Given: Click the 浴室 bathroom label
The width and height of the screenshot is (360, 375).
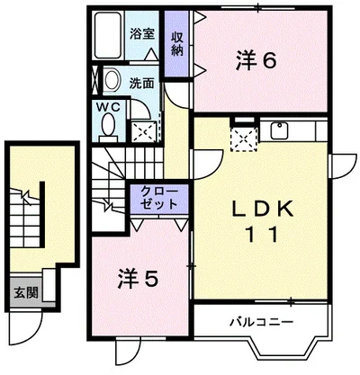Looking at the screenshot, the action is [142, 34].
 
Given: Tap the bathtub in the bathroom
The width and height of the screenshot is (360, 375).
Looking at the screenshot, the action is [109, 36].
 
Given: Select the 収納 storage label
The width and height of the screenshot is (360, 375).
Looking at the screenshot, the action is [177, 44].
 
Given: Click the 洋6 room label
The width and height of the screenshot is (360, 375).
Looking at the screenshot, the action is [256, 60].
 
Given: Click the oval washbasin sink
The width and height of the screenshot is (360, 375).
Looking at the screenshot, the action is [111, 80].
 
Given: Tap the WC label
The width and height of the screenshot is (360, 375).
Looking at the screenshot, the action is [108, 106].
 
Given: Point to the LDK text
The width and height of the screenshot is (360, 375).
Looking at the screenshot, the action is [263, 210].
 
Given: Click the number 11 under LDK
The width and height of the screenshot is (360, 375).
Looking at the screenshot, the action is [262, 235].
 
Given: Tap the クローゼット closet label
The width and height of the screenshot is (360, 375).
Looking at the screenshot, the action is [159, 198].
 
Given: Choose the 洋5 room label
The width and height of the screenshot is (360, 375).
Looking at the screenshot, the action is [138, 278].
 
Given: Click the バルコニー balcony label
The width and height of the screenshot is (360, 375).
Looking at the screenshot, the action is [261, 322].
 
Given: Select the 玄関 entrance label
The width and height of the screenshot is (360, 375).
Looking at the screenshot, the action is [26, 292].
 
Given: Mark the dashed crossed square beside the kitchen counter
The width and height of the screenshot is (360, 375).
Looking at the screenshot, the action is [244, 139].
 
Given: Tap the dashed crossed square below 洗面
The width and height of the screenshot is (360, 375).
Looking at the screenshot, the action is [144, 131].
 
